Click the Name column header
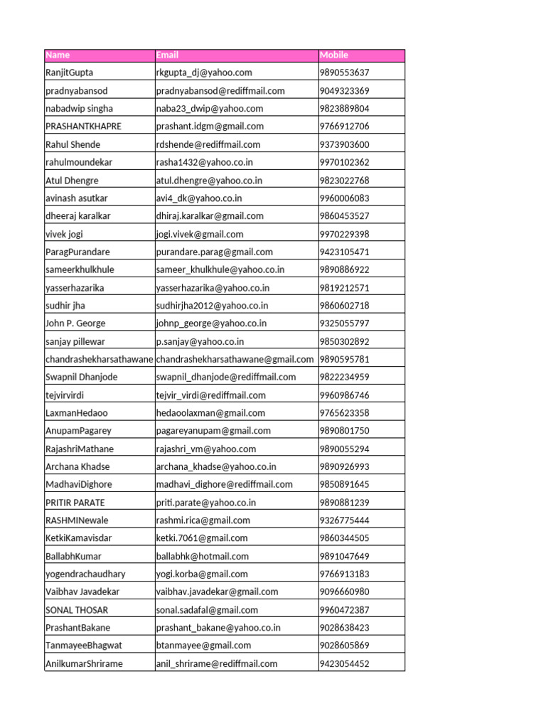(58, 55)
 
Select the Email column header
(167, 55)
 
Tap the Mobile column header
(334, 55)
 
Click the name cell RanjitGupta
(69, 73)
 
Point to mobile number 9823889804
(345, 109)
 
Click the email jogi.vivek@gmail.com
(200, 234)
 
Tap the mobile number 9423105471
(345, 252)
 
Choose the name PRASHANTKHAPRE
(83, 127)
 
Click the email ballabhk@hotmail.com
(203, 556)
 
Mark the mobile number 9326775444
(345, 520)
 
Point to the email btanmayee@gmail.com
(203, 646)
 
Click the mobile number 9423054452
(345, 663)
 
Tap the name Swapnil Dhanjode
(82, 377)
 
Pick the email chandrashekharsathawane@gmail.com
(235, 359)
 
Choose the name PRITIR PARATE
(75, 503)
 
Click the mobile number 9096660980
(345, 591)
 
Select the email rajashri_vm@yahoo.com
(206, 449)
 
